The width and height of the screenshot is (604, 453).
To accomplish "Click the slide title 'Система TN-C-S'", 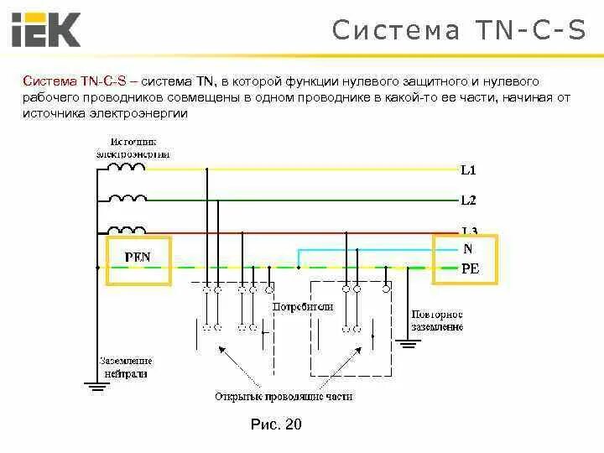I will pos(459,30).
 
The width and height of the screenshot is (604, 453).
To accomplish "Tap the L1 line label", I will pos(468,170).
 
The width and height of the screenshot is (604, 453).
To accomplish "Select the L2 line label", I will pos(468,200).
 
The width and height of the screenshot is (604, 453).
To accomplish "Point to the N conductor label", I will pos(467,249).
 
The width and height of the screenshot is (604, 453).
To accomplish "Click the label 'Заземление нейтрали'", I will pos(126,367).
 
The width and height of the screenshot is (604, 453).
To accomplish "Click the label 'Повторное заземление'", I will pos(436,320).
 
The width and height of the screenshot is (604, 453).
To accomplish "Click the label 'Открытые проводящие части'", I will pos(284,396).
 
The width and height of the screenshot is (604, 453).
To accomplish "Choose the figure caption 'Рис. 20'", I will pos(276,424).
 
